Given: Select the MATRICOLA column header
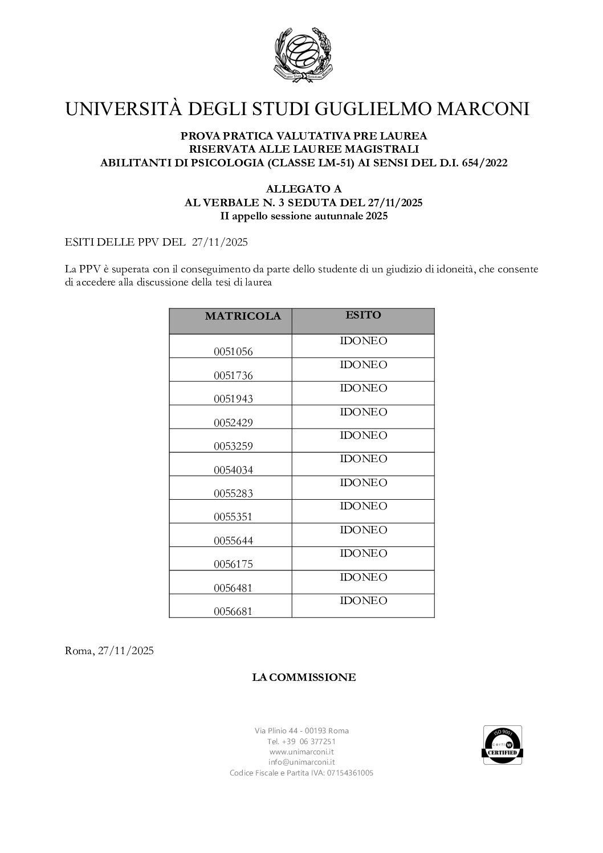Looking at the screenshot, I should click(243, 317).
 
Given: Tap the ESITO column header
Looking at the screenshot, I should click(363, 315).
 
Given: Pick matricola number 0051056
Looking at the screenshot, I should click(233, 352).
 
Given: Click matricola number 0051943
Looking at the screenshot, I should click(233, 399).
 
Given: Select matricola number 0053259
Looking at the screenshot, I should click(233, 446).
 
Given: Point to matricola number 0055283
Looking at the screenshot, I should click(233, 493).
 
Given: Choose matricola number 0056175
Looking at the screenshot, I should click(233, 564).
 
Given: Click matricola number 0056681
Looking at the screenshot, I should click(233, 611).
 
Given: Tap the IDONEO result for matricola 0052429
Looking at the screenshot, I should click(363, 412).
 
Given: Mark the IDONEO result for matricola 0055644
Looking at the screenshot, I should click(363, 530).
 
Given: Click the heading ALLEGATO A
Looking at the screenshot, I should click(303, 189).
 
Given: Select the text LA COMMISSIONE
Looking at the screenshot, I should click(304, 677).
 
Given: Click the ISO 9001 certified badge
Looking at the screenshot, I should click(503, 745).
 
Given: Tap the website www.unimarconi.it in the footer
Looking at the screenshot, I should click(301, 752).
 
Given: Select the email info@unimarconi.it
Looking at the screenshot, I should click(301, 762).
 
